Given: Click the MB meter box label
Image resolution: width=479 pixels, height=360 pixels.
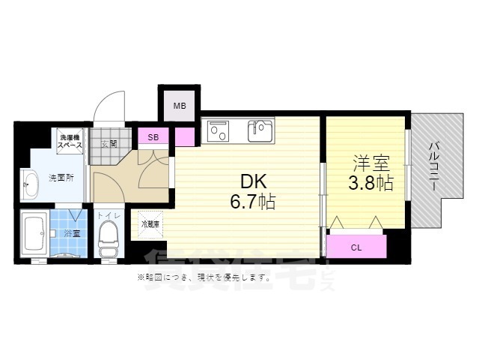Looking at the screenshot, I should (x=180, y=106).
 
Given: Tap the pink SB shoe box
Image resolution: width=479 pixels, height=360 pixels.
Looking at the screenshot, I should (x=153, y=137).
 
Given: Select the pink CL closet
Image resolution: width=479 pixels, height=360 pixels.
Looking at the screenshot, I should (x=356, y=245).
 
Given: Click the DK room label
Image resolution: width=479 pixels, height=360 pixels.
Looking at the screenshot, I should (x=251, y=182).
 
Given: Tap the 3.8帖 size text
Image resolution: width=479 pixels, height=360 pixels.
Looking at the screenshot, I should (x=368, y=183).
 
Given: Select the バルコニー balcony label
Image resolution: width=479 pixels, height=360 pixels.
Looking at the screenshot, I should (x=433, y=169).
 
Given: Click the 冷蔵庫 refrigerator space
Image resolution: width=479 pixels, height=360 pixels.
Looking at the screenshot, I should (x=148, y=223).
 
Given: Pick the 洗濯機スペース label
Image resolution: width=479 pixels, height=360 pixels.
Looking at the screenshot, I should (x=73, y=139).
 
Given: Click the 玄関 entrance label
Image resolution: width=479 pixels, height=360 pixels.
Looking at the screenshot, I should (x=109, y=143).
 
